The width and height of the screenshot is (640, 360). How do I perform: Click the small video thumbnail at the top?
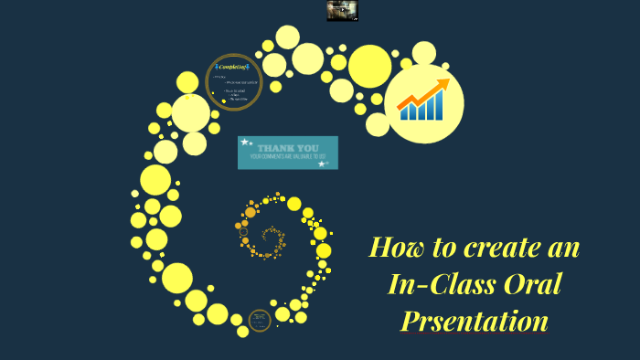pos(342,11)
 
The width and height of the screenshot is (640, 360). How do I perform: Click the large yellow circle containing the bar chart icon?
pos(423,103)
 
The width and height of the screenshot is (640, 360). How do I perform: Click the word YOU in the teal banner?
pos(307,147)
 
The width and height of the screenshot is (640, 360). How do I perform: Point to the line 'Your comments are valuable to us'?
pos(288,157)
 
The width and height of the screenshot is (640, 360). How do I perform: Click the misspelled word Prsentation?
pos(474,321)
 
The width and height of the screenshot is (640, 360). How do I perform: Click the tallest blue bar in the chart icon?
pos(438,109)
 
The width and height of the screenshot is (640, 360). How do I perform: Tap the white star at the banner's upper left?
pos(244,143)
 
